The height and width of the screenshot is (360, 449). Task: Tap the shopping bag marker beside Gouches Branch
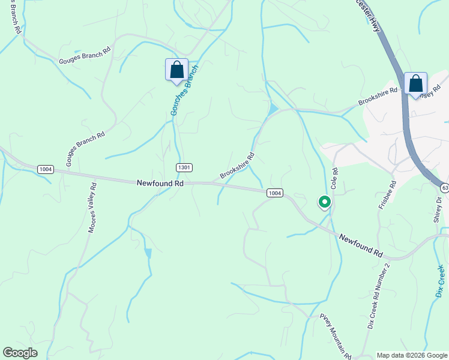coord(176,70)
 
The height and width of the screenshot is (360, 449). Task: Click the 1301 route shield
coord(184,167)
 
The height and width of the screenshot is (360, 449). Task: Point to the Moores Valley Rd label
coord(92,208)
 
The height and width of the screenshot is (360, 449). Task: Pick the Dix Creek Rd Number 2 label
coord(379,295)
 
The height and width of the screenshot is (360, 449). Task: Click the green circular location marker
coord(324,202)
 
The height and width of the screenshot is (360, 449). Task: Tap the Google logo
coord(20,353)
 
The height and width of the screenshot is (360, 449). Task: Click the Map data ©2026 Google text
coord(412,355)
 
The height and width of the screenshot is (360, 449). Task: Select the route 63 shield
coord(444,187)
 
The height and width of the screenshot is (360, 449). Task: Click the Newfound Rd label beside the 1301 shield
coord(159,182)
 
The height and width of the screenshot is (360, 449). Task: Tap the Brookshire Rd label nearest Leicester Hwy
coord(378,97)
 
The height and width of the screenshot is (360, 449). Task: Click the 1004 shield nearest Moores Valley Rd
coord(45,169)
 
